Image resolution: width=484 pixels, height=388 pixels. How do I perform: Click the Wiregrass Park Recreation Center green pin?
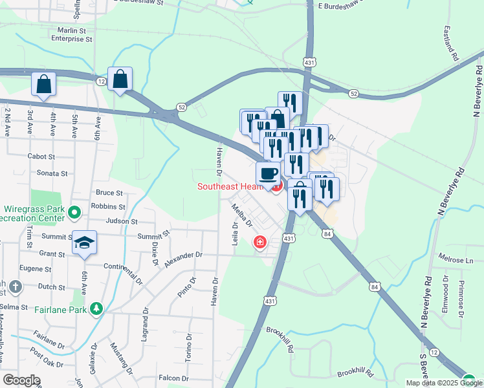74,211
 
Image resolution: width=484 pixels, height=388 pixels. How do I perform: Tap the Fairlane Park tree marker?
96,308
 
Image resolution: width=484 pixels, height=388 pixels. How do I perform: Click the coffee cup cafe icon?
269,173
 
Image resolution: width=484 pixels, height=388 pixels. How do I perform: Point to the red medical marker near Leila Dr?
259,242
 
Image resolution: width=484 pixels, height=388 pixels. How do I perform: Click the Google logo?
21,380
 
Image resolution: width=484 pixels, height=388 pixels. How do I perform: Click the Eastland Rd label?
451,43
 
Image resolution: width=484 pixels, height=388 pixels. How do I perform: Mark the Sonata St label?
52,173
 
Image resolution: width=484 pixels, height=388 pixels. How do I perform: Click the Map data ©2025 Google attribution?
443,383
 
